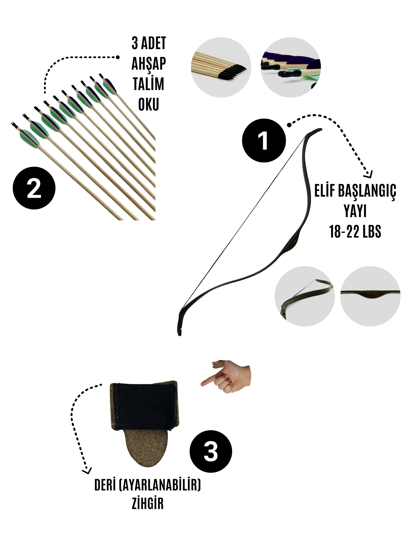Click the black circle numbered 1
coord(264,141)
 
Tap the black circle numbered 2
coord(34,188)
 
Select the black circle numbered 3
coord(211,452)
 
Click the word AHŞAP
coord(149,64)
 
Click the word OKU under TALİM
coord(149,104)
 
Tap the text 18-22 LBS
coord(355,232)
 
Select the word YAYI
coord(355,211)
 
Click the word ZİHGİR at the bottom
coord(148,504)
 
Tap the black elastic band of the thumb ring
coord(144,406)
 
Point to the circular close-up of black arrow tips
coord(221,67)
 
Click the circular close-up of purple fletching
coord(291,67)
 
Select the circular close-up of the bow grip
coord(370,296)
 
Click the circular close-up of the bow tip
coord(305,296)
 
